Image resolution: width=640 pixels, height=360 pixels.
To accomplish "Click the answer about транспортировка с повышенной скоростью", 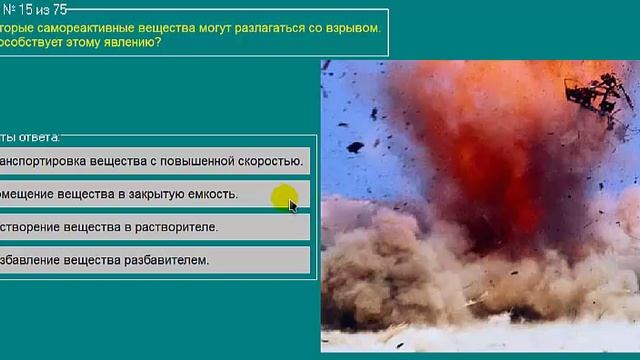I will pos(150,160).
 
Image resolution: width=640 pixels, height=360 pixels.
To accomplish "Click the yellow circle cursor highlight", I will pos(284,197).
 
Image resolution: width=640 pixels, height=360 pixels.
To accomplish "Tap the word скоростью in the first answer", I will pos(269,160).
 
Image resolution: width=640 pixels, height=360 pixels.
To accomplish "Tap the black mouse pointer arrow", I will pos(293,206).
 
